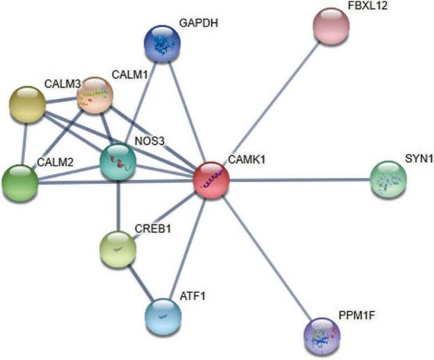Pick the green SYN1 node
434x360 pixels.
pos(389,180)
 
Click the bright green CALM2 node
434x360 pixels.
pos(20,182)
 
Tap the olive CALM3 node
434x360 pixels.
pos(26,107)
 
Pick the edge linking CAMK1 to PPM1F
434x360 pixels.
pos(267,258)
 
